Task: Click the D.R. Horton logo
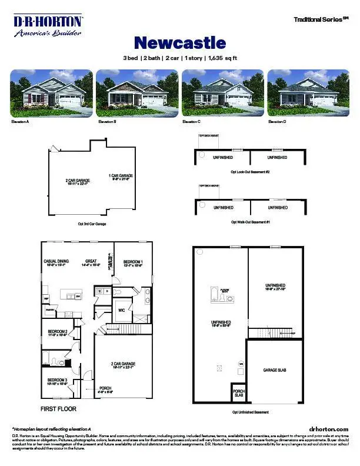coord(48,26)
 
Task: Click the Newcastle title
coord(180,43)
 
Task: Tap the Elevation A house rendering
coord(51,93)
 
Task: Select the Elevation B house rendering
coord(136,93)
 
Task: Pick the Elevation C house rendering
coord(222,93)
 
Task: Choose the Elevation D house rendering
coord(308,93)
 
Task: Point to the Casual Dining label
coord(56,263)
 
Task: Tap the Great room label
coord(92,263)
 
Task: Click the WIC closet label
coord(121,309)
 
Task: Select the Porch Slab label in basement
coord(239,393)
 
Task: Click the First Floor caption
coord(58,408)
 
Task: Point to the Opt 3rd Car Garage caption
coord(92,224)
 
